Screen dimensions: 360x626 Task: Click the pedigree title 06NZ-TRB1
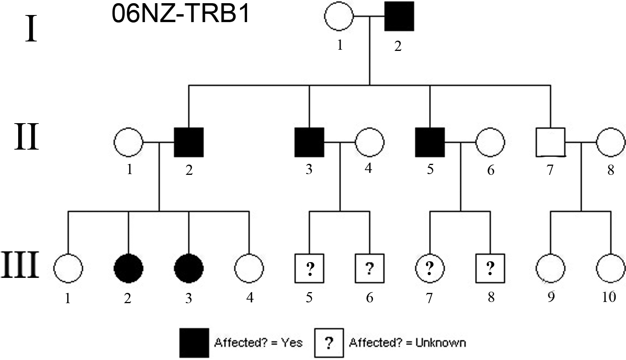[x=181, y=14]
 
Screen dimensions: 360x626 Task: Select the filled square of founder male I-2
[x=399, y=16]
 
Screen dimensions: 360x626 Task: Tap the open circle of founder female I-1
[x=339, y=16]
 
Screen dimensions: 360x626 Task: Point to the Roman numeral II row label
[x=26, y=137]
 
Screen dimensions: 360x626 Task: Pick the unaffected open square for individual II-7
[x=550, y=142]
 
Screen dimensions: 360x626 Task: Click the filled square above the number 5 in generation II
[x=430, y=142]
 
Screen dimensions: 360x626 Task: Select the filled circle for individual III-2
[x=128, y=268]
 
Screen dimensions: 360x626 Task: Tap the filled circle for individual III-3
[x=189, y=268]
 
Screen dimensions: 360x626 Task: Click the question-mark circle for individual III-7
[x=429, y=268]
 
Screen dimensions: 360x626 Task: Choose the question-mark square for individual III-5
[x=309, y=268]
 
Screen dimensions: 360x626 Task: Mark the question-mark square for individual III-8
[x=490, y=268]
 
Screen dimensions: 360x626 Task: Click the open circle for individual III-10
[x=611, y=268]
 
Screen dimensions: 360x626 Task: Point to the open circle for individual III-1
[x=68, y=268]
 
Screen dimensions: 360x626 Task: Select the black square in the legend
[x=194, y=343]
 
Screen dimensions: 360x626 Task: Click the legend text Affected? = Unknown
[x=407, y=343]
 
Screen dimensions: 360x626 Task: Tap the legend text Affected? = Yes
[x=258, y=343]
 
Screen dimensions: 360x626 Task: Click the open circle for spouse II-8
[x=611, y=142]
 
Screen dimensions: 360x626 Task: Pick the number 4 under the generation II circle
[x=368, y=169]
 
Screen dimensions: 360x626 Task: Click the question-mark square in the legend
[x=329, y=343]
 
